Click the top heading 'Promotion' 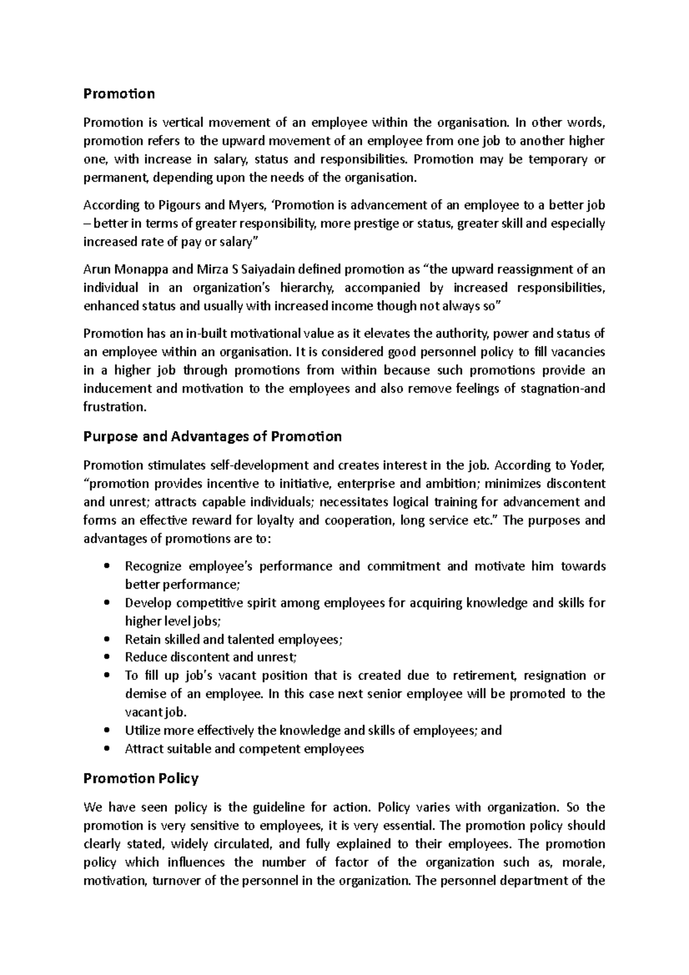point(119,94)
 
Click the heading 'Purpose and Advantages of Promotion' point(212,436)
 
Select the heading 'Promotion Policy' point(141,779)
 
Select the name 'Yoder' point(588,465)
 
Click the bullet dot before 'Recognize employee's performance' point(107,567)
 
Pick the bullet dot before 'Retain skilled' point(107,640)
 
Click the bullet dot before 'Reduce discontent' point(107,658)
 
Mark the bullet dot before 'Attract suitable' point(107,749)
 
